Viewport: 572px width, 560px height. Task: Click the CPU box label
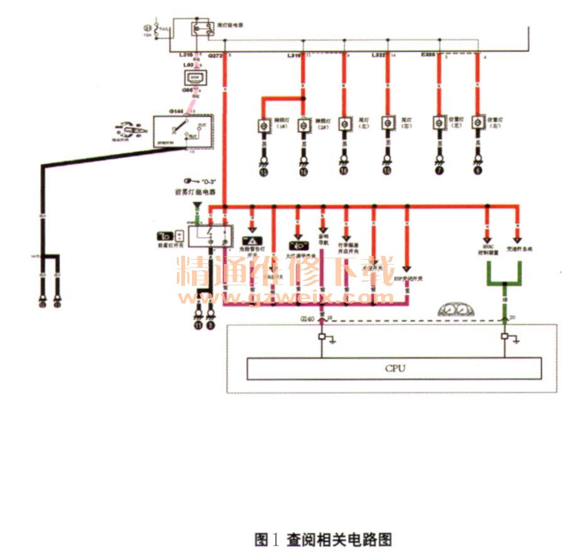point(395,368)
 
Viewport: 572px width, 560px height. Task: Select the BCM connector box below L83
point(192,77)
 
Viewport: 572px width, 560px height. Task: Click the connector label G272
point(215,56)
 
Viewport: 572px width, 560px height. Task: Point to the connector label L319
point(294,56)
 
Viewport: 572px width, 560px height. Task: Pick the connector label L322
point(379,56)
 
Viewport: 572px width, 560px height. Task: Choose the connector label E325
point(429,56)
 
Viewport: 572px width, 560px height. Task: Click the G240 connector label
point(307,319)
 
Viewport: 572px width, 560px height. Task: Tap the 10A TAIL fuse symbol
point(149,29)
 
